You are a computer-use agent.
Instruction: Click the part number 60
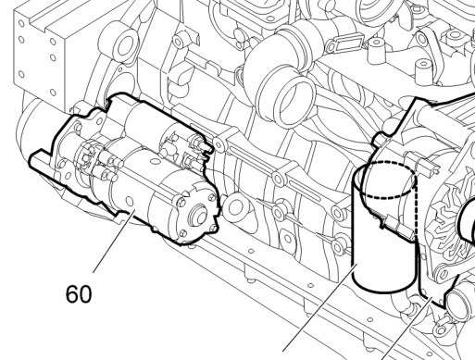tap(79, 294)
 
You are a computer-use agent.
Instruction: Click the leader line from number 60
tap(114, 241)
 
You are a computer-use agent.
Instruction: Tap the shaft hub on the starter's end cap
tap(199, 215)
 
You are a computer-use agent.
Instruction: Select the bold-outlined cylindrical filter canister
tap(385, 228)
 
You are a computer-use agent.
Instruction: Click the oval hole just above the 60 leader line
tap(130, 202)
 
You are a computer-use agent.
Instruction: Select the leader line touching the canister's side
tap(320, 307)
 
